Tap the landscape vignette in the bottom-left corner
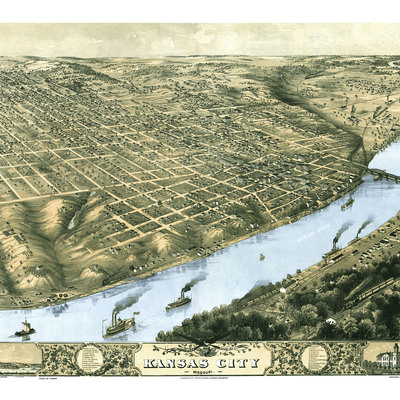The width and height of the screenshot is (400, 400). coord(20,355)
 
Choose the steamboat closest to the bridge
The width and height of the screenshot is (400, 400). coord(347,203)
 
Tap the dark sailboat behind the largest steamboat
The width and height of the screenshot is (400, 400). coord(23,328)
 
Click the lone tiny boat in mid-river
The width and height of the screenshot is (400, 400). coord(262,256)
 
